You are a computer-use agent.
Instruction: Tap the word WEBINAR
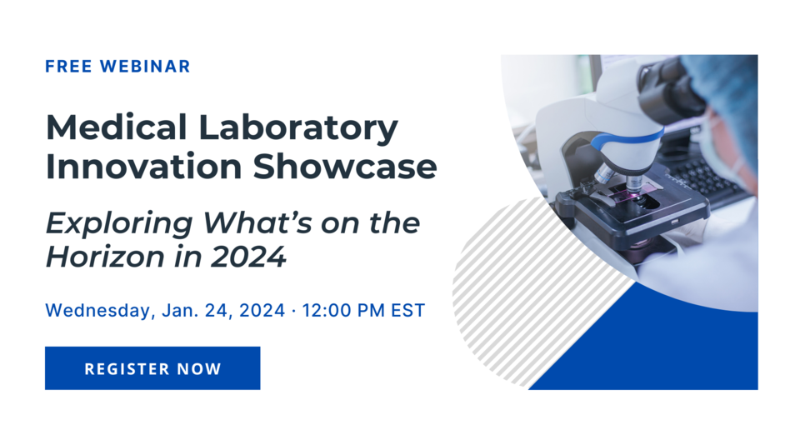(145, 67)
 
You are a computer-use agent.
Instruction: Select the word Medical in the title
(104, 127)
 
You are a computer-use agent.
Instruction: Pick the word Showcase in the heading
(345, 166)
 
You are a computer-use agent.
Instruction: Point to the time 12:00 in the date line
(326, 311)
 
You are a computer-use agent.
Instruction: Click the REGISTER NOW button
(152, 368)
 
